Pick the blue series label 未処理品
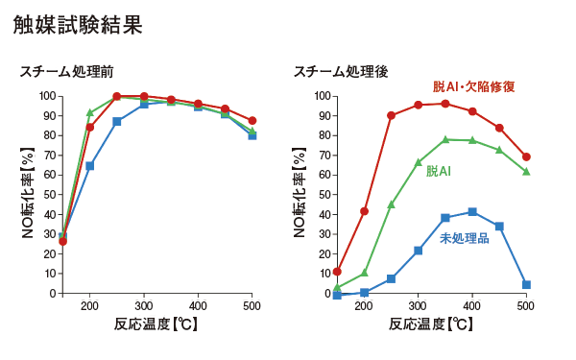tap(464, 237)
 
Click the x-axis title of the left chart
tap(157, 324)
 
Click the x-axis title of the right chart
tap(431, 324)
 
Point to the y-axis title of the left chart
tap(29, 195)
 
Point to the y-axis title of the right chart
tap(301, 195)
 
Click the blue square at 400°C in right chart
tap(472, 212)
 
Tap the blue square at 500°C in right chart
tap(526, 285)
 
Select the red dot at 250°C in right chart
tap(391, 115)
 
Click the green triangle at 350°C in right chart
tap(445, 139)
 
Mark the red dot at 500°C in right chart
tap(526, 156)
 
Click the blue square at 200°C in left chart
tap(90, 166)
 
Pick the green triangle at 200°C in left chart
tap(90, 112)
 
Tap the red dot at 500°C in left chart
tap(252, 121)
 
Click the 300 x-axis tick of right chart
tap(418, 305)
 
